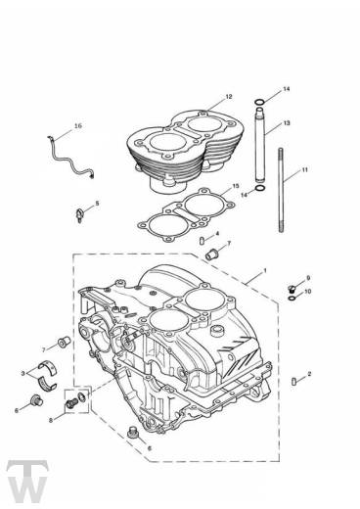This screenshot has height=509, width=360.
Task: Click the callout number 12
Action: (228, 97)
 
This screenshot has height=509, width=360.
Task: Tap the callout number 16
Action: (78, 126)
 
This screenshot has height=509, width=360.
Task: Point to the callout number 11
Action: (304, 170)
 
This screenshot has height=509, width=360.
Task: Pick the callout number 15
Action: (232, 186)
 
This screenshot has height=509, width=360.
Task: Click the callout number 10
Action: (309, 292)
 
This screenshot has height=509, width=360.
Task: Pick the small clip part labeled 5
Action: (80, 211)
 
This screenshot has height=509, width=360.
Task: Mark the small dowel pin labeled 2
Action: (295, 377)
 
